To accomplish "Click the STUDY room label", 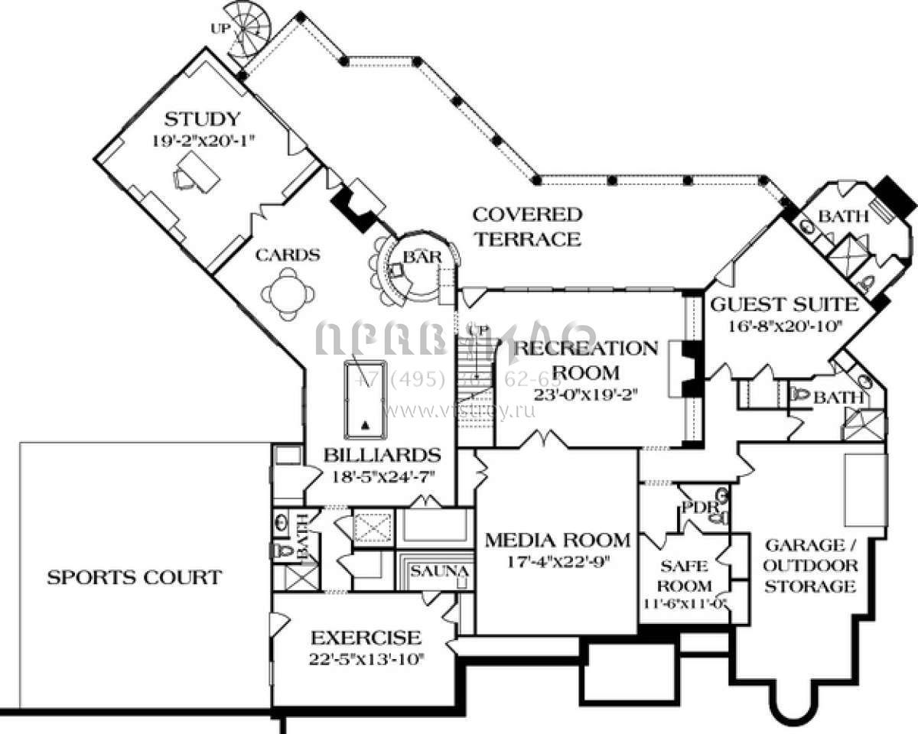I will pyautogui.click(x=203, y=119).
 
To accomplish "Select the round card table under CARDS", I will pyautogui.click(x=287, y=294).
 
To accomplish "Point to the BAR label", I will pyautogui.click(x=422, y=258).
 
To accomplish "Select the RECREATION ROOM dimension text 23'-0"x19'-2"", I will pyautogui.click(x=587, y=395).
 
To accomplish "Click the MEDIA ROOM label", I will pyautogui.click(x=558, y=541).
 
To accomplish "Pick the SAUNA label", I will pyautogui.click(x=438, y=571).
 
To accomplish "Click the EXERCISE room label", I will pyautogui.click(x=365, y=638).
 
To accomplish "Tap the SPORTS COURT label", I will pyautogui.click(x=134, y=577).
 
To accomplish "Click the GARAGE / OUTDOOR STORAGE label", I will pyautogui.click(x=810, y=566).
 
